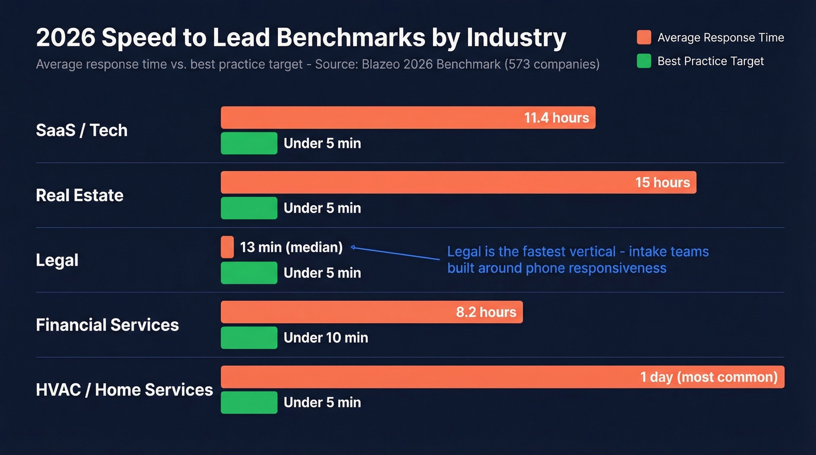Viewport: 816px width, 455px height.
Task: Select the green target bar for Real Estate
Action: point(249,208)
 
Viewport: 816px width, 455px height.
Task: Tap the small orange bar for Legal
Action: point(227,247)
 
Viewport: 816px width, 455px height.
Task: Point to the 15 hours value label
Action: point(662,182)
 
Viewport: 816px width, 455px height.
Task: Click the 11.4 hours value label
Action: point(556,118)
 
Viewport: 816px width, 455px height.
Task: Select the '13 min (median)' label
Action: point(291,247)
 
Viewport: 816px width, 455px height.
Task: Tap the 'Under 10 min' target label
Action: point(325,337)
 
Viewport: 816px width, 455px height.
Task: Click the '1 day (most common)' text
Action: point(708,377)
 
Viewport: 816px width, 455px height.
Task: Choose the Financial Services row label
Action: point(107,325)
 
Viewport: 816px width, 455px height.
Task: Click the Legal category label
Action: point(57,260)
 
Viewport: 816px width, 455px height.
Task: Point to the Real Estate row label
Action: point(79,195)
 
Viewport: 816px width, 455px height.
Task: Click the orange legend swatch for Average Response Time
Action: point(643,38)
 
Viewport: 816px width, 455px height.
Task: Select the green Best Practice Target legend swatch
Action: point(643,61)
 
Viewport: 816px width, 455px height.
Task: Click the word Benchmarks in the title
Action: point(350,38)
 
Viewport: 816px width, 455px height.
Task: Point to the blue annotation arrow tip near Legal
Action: point(353,248)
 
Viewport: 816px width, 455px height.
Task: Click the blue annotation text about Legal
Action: point(577,260)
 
